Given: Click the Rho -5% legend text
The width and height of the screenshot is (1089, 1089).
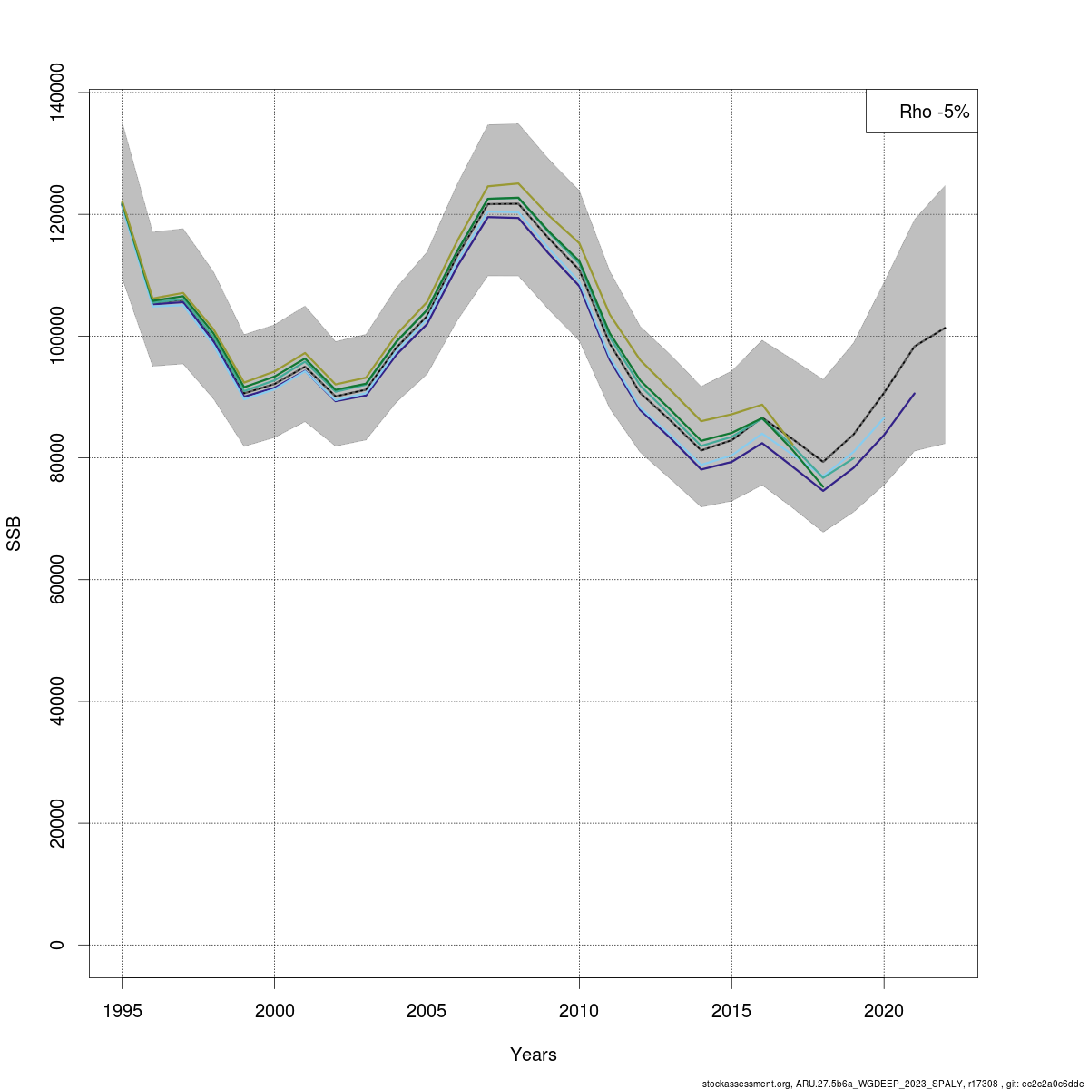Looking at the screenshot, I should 934,112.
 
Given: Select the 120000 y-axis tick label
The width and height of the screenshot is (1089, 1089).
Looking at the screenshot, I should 57,214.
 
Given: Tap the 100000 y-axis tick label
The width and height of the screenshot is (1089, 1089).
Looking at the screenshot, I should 57,336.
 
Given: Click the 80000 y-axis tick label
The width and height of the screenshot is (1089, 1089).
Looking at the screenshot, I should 57,457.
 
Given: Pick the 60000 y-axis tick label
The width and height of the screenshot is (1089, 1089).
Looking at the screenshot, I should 57,579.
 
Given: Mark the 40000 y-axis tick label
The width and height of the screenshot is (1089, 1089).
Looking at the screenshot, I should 57,701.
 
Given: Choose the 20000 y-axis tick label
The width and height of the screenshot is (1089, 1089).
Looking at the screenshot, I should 57,823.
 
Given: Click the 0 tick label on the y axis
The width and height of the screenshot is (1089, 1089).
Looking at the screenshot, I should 57,945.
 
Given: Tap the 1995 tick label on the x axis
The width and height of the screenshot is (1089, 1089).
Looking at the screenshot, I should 122,1011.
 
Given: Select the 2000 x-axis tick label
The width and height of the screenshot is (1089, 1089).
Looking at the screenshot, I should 274,1011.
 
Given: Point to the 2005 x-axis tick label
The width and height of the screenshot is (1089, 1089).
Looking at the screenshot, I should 427,1011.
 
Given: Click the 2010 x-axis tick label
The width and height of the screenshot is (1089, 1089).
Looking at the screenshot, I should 579,1011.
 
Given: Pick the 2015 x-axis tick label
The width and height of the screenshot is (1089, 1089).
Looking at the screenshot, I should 731,1011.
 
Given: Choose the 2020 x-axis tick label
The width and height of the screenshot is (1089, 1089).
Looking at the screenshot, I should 884,1011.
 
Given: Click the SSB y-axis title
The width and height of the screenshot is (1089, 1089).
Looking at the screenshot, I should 14,534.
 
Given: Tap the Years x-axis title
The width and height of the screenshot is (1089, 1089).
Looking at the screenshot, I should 534,1055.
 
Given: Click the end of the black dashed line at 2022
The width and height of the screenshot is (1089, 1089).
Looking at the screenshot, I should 945,328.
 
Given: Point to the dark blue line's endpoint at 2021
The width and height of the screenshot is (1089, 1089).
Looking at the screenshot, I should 915,393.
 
